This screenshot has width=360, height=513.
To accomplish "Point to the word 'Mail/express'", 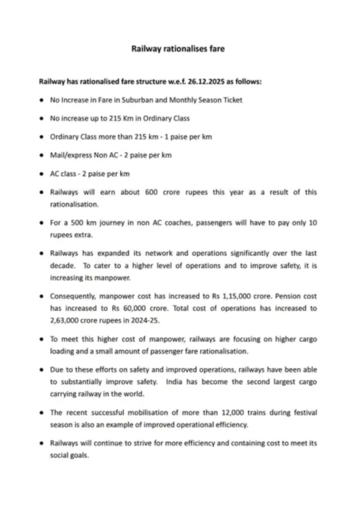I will tap(69, 155).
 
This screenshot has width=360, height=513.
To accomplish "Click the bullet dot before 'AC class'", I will tap(40, 174).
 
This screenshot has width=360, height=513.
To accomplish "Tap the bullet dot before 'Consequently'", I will tap(40, 296).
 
